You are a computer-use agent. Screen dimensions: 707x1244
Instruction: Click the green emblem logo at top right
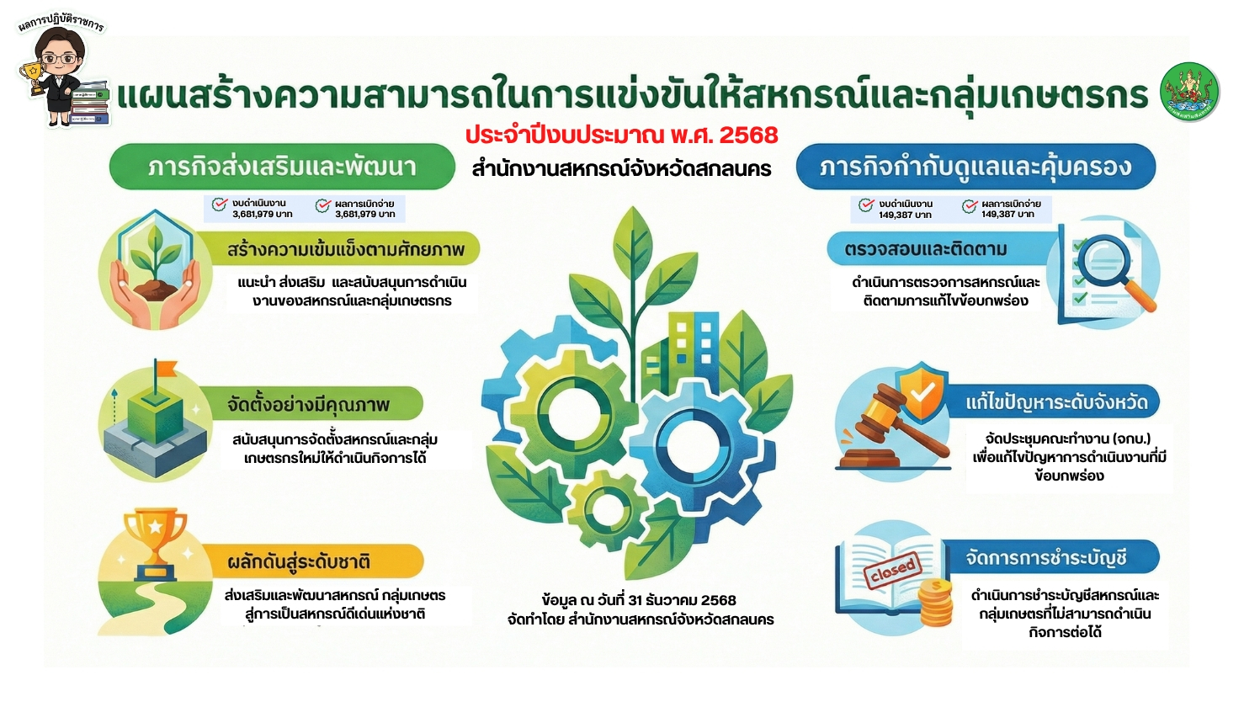[1189, 92]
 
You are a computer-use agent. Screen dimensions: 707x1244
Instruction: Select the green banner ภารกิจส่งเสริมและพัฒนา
[282, 167]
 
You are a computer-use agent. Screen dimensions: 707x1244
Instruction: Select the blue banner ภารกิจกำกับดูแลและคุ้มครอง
[976, 167]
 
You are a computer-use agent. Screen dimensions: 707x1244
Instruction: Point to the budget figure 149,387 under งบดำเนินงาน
[905, 215]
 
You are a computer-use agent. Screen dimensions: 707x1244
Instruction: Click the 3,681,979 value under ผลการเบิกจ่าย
[364, 215]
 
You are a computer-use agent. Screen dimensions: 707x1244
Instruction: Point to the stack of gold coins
[935, 603]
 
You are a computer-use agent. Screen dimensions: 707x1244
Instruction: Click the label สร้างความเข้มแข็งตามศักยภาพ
[345, 250]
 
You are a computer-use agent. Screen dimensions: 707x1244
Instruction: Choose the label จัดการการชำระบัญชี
[1045, 558]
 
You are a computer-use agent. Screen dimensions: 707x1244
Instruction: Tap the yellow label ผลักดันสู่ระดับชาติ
[299, 561]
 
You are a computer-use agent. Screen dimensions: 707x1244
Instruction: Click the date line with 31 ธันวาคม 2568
[639, 600]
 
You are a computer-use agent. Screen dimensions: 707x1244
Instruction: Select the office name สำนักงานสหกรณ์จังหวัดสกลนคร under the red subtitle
[621, 169]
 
